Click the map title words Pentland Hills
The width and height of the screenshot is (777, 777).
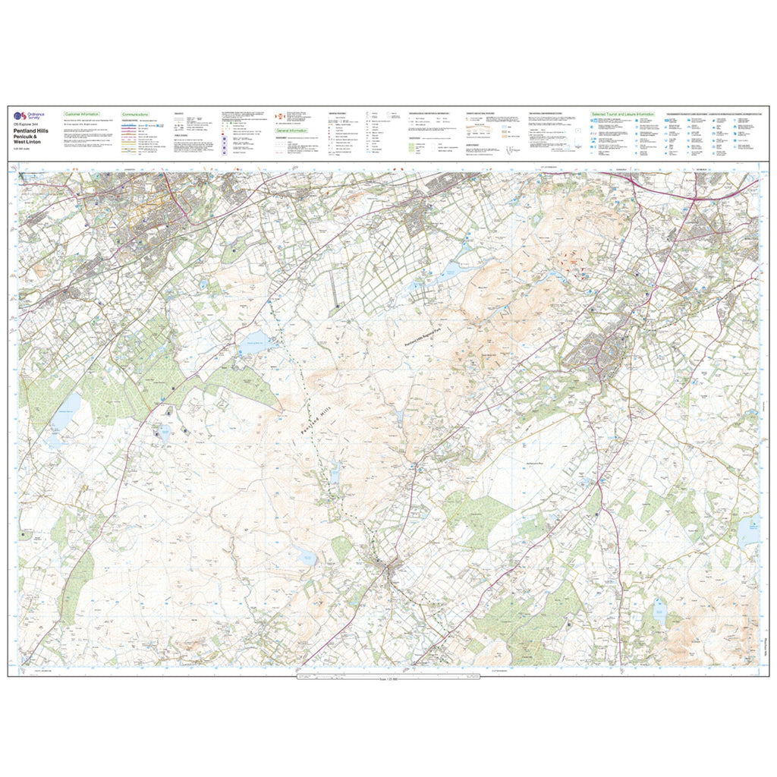31,131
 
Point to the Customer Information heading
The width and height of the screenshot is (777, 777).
82,113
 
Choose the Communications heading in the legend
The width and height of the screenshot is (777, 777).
135,113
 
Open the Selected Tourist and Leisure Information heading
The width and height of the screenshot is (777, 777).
622,114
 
